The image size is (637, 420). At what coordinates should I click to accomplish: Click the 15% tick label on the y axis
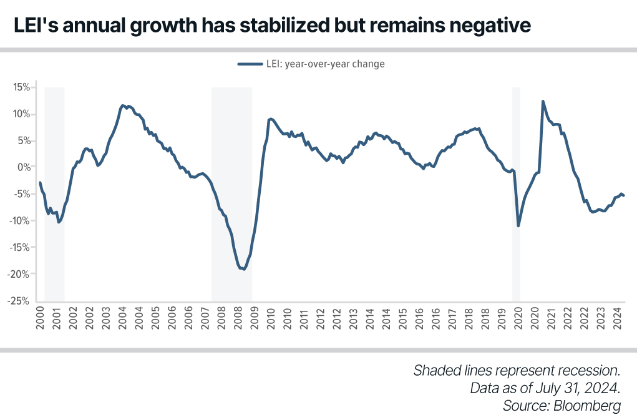[x=21, y=87]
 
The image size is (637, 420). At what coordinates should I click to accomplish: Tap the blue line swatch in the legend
[x=250, y=64]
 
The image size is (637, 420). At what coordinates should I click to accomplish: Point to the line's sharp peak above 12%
[x=543, y=101]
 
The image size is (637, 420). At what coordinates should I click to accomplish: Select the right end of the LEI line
[x=624, y=196]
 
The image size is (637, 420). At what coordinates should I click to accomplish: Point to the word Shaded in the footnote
[x=435, y=371]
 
